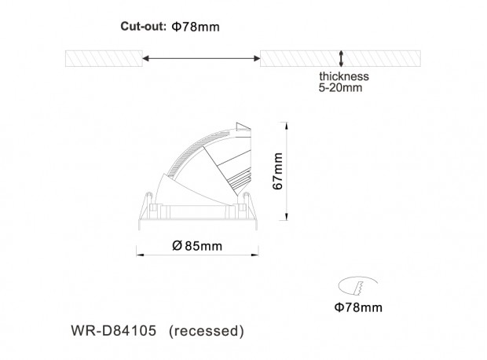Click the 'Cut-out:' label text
click(x=144, y=27)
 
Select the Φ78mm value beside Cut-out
click(x=196, y=27)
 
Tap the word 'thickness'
click(x=344, y=76)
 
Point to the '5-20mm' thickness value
click(x=340, y=88)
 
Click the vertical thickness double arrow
click(x=341, y=58)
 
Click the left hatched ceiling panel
click(x=104, y=58)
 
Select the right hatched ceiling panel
click(x=340, y=58)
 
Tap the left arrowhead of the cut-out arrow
click(x=145, y=58)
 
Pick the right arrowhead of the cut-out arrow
click(x=257, y=58)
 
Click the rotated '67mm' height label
click(x=277, y=171)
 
